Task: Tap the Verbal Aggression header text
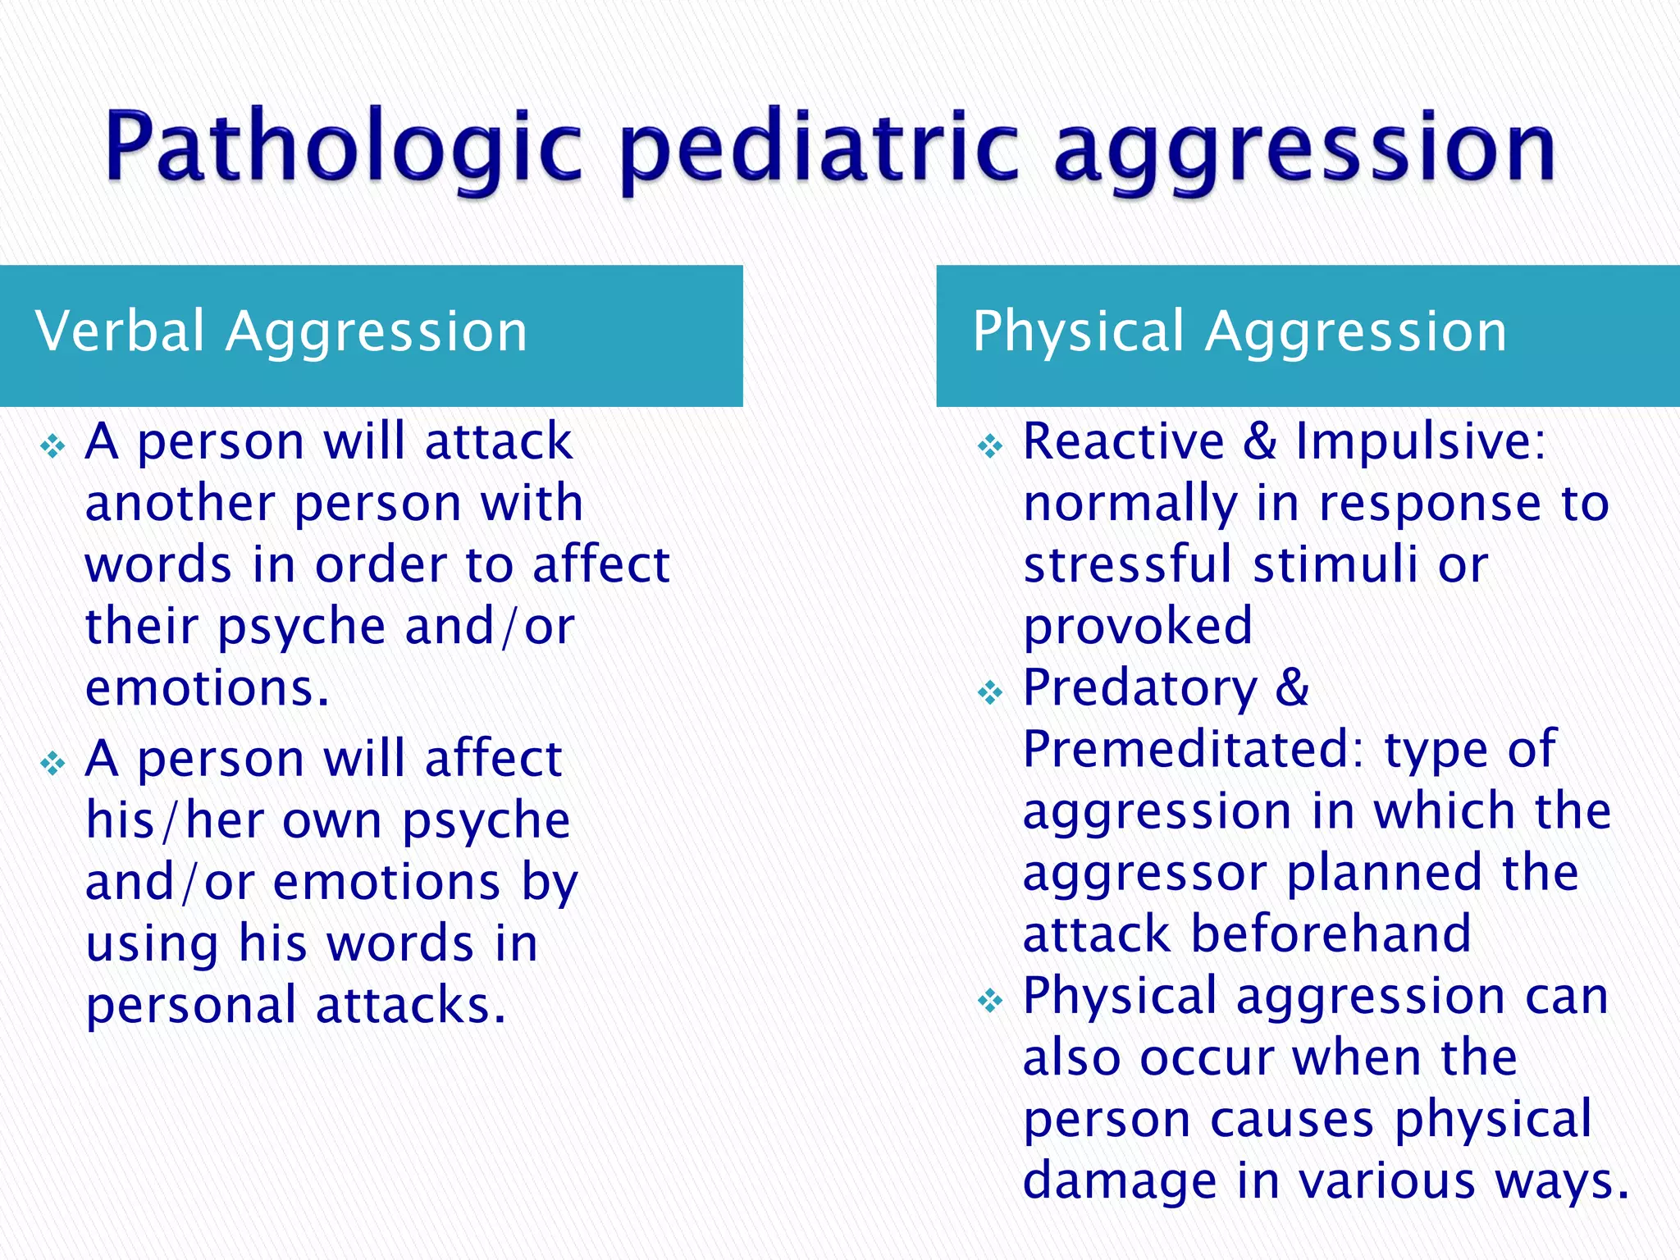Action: click(281, 331)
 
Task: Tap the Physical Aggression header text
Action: click(1239, 331)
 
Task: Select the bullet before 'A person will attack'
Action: click(53, 447)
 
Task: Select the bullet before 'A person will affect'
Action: click(53, 764)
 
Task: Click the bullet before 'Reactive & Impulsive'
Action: click(990, 447)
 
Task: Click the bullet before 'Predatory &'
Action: click(990, 693)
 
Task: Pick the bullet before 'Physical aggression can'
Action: click(990, 1001)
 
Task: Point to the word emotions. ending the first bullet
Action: click(208, 688)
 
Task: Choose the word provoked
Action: click(1138, 628)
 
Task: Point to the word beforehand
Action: click(1331, 934)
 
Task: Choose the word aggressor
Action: click(1144, 874)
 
